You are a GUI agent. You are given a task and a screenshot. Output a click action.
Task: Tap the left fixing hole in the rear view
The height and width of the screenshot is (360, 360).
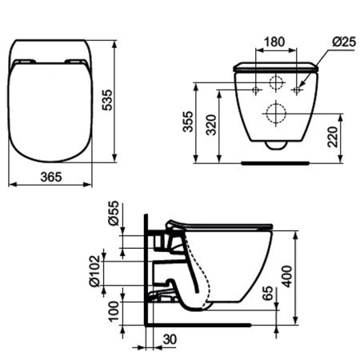coord(255,90)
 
